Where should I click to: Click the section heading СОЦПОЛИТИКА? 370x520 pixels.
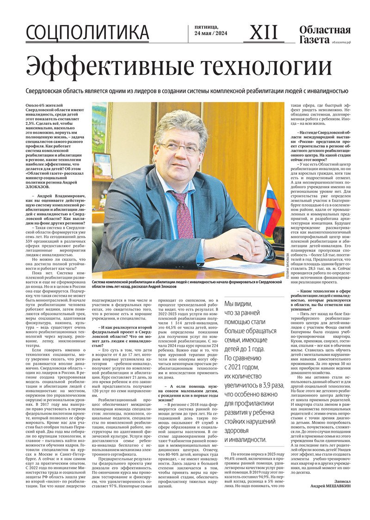[x=87, y=33]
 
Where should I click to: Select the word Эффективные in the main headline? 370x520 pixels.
[x=109, y=67]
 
